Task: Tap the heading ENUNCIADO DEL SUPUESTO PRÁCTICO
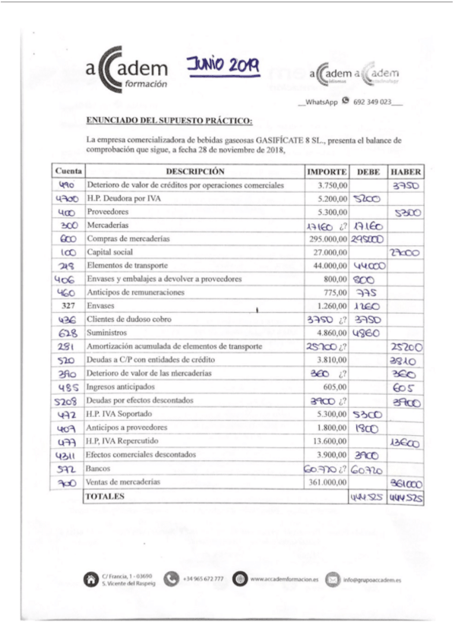[169, 121]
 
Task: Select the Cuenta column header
[68, 171]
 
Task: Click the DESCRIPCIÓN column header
[195, 171]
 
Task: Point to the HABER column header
[406, 171]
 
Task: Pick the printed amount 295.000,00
[327, 238]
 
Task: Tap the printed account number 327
[68, 306]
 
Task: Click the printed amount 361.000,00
[327, 481]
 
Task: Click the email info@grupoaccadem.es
[372, 579]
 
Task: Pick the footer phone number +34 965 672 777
[203, 579]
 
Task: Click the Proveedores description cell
[109, 212]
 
